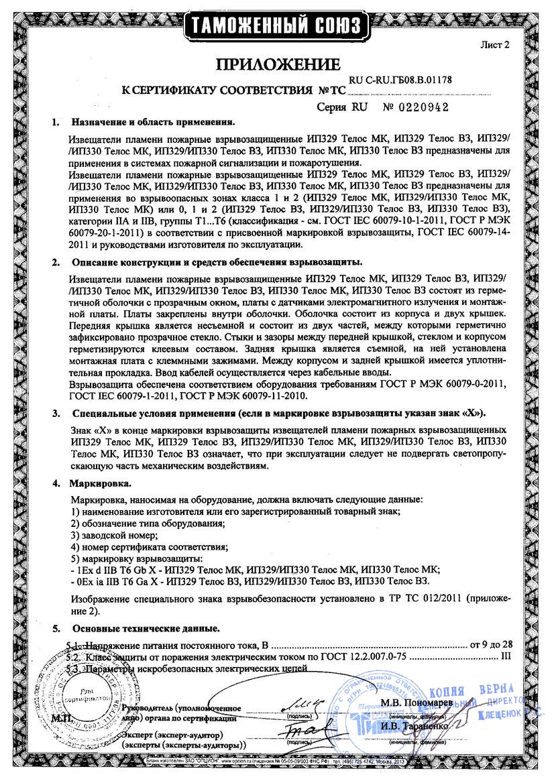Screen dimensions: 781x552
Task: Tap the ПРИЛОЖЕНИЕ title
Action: (x=277, y=65)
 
